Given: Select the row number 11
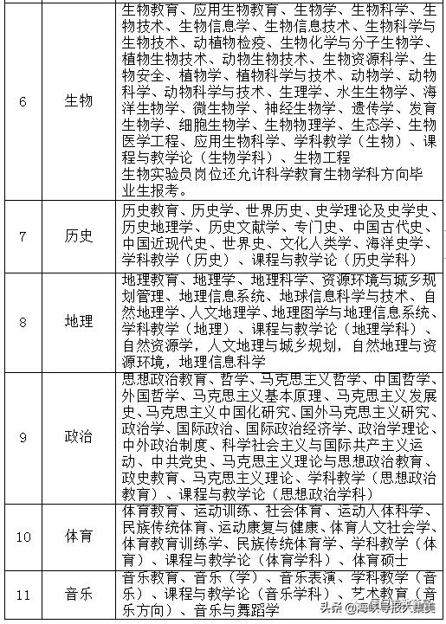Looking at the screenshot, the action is [23, 595].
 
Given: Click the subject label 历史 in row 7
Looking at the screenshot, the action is [79, 236].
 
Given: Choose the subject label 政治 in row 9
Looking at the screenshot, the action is [79, 439].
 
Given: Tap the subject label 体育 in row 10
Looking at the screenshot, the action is [79, 536].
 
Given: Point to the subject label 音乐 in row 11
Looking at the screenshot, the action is [79, 595].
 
